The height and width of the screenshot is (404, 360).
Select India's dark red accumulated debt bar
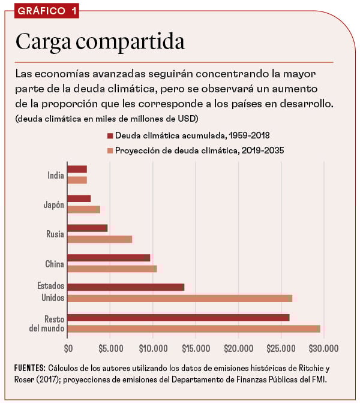pos(77,169)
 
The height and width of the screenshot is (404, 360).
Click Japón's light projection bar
pos(84,209)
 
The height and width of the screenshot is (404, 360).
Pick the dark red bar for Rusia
pos(88,228)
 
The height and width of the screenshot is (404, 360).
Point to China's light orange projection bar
pos(112,269)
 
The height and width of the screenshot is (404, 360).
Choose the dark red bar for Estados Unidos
pos(126,287)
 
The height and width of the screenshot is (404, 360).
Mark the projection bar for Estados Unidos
pos(180,298)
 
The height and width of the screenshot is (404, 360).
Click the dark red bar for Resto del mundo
pos(179,318)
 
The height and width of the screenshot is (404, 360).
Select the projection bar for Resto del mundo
pos(194,328)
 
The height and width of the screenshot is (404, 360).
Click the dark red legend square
pos(110,136)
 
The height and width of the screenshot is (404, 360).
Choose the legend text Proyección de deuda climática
pos(199,151)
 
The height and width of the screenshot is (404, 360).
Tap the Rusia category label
pos(55,233)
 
